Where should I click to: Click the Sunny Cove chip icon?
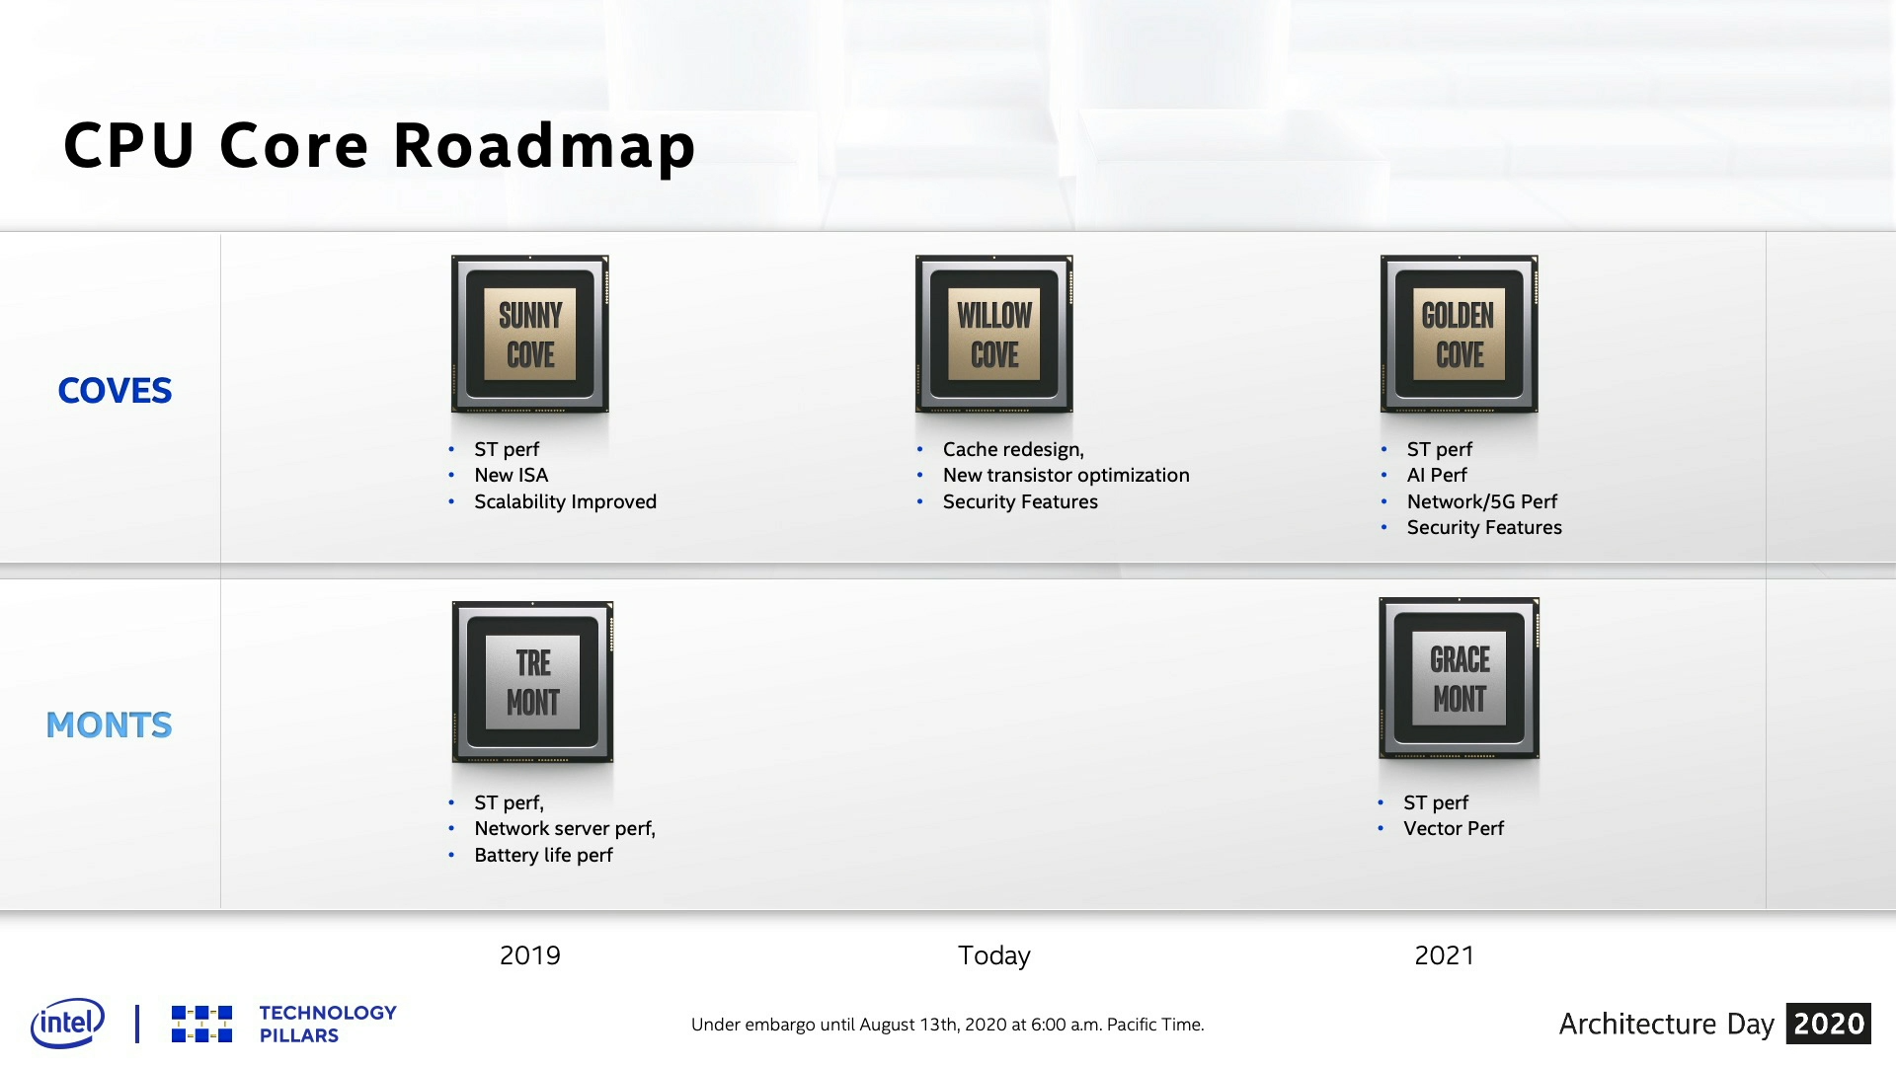point(530,334)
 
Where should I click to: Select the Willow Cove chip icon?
point(994,334)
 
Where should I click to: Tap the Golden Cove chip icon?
point(1459,334)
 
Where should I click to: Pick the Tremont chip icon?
point(532,682)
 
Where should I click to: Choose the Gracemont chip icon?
point(1459,678)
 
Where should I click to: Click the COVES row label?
point(115,391)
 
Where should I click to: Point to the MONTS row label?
point(109,725)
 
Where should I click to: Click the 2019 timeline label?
point(530,955)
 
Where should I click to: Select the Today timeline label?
point(994,955)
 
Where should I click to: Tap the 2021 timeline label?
point(1444,955)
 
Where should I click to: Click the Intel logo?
point(67,1023)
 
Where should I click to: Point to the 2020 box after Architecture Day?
point(1829,1024)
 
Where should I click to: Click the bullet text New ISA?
point(511,475)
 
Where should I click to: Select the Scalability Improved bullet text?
point(565,501)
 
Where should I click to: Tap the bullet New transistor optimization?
point(1066,475)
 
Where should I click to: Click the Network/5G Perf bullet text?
point(1482,501)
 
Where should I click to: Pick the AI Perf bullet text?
point(1437,475)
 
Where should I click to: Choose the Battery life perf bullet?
point(543,855)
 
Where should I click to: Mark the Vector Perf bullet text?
point(1454,828)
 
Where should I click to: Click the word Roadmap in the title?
point(545,146)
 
